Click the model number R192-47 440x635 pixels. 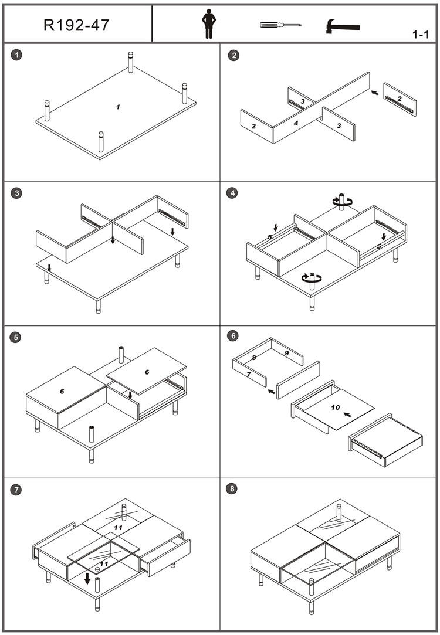point(76,25)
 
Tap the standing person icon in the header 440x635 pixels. point(208,24)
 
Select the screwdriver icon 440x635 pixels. point(280,25)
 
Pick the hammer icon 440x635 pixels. point(343,26)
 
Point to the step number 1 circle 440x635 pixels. point(17,56)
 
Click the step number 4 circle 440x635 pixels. point(233,193)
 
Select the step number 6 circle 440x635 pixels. point(233,336)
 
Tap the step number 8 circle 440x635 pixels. point(233,489)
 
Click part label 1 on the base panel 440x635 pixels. point(118,107)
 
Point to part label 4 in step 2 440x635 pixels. point(296,123)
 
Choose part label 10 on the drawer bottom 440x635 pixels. point(335,407)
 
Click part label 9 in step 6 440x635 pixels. point(286,353)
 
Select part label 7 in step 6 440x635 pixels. point(249,373)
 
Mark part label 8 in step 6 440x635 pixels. point(254,357)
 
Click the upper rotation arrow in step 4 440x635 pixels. point(340,201)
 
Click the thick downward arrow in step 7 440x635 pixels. point(87,579)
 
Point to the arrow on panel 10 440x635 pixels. point(348,415)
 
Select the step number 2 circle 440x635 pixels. point(233,56)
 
